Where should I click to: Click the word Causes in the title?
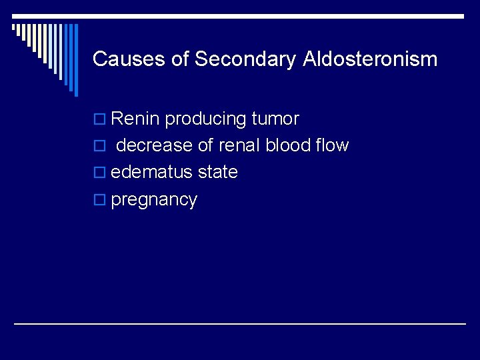(129, 59)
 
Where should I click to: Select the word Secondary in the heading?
(244, 59)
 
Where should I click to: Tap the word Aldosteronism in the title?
(370, 59)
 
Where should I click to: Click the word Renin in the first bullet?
(135, 119)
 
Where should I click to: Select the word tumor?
(275, 119)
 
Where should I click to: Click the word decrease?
(159, 145)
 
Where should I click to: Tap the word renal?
(240, 145)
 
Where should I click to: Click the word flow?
(334, 145)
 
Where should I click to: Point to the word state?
(218, 172)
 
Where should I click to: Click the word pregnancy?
(154, 201)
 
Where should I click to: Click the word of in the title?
(180, 59)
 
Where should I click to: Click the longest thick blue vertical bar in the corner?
(75, 60)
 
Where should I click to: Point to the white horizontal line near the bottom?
(240, 323)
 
